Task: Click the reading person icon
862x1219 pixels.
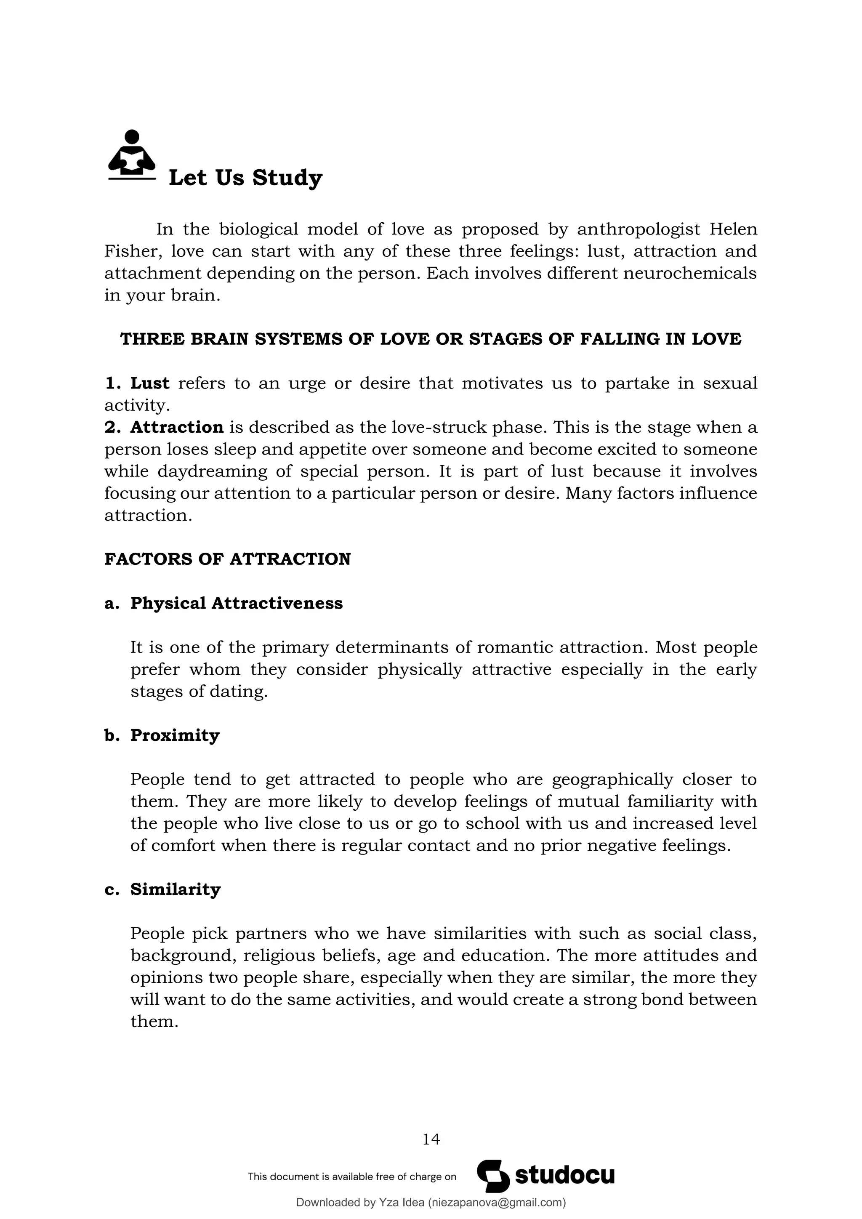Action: (x=132, y=154)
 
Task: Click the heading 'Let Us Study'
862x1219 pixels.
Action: (x=245, y=178)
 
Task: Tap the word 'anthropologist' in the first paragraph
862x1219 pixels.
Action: (x=639, y=229)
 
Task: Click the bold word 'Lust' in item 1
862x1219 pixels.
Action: (x=150, y=383)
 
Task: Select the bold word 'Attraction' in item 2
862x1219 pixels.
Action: (x=177, y=427)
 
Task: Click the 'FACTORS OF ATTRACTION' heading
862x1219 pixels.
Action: (x=227, y=559)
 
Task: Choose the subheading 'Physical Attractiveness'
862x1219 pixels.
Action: (x=236, y=603)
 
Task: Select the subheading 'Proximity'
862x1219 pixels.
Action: (x=175, y=735)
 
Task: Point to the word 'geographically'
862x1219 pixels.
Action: (x=612, y=780)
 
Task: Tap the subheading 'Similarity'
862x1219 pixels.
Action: (x=175, y=889)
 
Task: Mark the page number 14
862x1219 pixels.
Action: (x=431, y=1139)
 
